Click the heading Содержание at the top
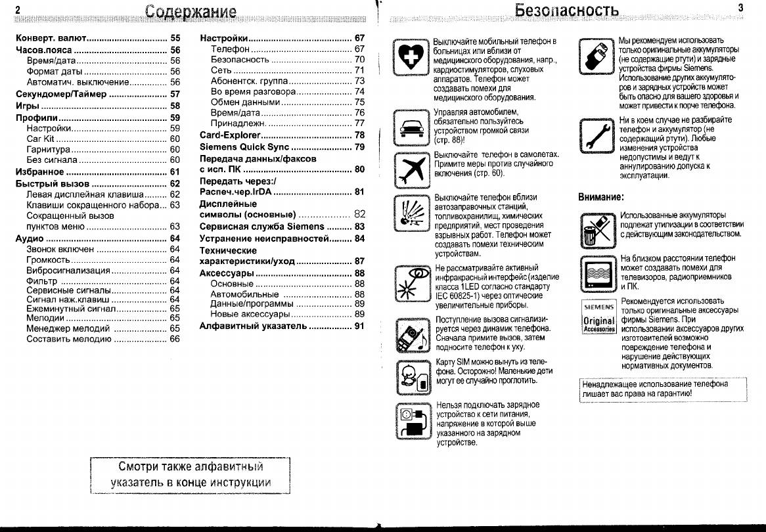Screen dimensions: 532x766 pos(191,12)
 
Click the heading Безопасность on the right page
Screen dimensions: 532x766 pos(567,11)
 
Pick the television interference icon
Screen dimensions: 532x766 pos(597,273)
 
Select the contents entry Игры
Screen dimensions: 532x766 pos(28,106)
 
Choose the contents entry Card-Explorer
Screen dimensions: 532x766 pos(230,135)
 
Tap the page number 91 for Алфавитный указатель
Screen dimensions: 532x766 pos(359,326)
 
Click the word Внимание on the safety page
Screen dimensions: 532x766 pos(600,196)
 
